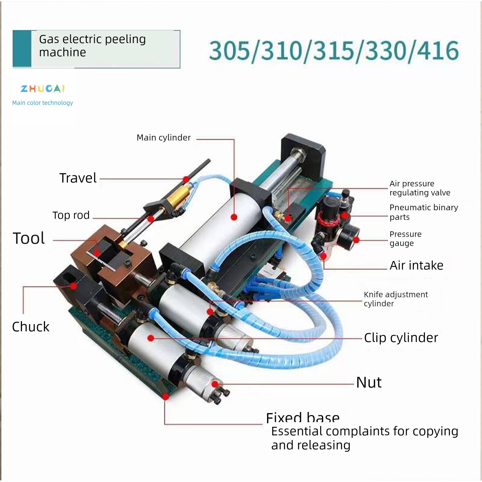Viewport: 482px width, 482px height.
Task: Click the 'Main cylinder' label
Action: [164, 138]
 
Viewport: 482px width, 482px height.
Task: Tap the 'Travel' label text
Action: [78, 178]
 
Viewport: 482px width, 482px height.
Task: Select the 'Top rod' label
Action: [71, 215]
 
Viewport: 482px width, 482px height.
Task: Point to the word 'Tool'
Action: [29, 238]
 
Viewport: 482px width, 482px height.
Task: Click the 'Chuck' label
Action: [31, 327]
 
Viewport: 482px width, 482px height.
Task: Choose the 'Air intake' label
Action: [416, 265]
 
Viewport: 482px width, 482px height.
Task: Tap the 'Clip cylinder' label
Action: [401, 338]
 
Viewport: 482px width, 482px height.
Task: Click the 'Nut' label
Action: [369, 382]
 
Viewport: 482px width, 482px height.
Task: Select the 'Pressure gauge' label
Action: [405, 239]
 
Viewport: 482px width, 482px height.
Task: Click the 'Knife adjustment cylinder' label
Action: [396, 299]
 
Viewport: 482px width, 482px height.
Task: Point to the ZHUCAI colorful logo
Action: [43, 89]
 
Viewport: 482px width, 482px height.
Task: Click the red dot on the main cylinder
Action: [234, 217]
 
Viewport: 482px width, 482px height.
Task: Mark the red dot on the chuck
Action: [73, 286]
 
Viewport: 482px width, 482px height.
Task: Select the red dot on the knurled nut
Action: [215, 384]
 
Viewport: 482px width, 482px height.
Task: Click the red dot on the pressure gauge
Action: [356, 240]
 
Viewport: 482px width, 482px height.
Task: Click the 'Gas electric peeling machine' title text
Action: [92, 46]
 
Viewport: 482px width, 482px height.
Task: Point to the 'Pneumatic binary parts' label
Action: [424, 212]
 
